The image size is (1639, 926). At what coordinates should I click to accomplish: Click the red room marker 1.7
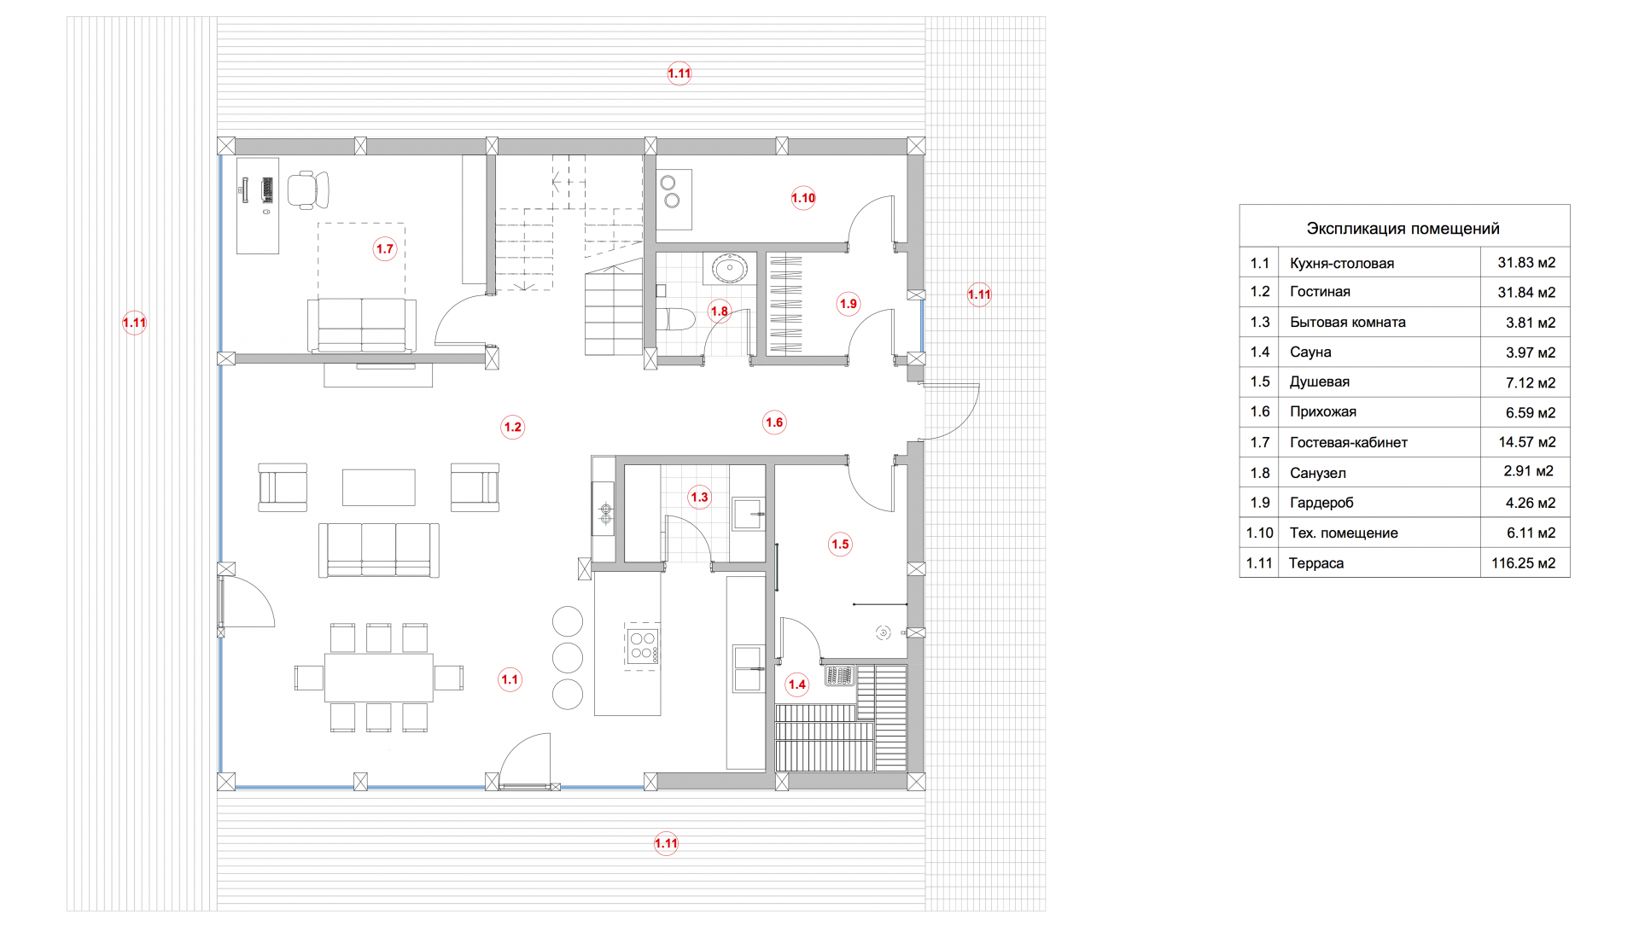[385, 249]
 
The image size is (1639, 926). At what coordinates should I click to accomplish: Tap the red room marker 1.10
[803, 198]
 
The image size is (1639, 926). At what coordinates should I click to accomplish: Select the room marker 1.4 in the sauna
[797, 684]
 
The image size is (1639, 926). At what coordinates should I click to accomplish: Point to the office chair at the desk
[307, 189]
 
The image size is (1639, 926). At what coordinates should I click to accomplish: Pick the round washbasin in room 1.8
[730, 269]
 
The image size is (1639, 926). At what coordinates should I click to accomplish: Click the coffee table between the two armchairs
[378, 487]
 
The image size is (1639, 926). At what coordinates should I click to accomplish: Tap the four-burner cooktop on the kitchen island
[642, 646]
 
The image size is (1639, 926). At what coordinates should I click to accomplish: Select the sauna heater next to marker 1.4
[839, 676]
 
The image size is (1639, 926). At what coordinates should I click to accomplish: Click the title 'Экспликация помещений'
[1403, 229]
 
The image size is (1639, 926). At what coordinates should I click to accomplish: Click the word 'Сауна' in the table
[1310, 352]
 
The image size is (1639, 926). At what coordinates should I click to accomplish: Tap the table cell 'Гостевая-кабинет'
[1348, 442]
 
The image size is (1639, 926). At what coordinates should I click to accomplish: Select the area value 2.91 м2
[1529, 472]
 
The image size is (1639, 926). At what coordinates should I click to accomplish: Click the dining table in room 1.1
[378, 678]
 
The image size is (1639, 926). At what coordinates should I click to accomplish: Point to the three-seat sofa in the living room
[378, 550]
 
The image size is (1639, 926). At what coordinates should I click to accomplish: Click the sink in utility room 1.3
[748, 514]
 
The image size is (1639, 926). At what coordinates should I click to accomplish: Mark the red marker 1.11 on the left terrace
[134, 323]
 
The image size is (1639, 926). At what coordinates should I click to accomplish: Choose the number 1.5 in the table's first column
[1260, 382]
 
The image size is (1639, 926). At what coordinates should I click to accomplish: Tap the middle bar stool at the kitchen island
[568, 658]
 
